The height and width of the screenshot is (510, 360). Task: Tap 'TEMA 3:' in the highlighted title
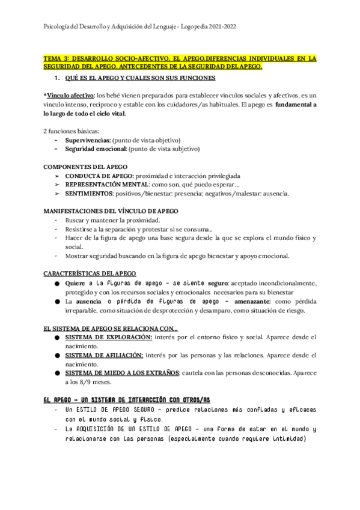[57, 58]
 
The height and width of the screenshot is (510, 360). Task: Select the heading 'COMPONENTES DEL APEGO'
[85, 166]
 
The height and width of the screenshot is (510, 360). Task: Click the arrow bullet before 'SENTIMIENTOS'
[57, 194]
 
